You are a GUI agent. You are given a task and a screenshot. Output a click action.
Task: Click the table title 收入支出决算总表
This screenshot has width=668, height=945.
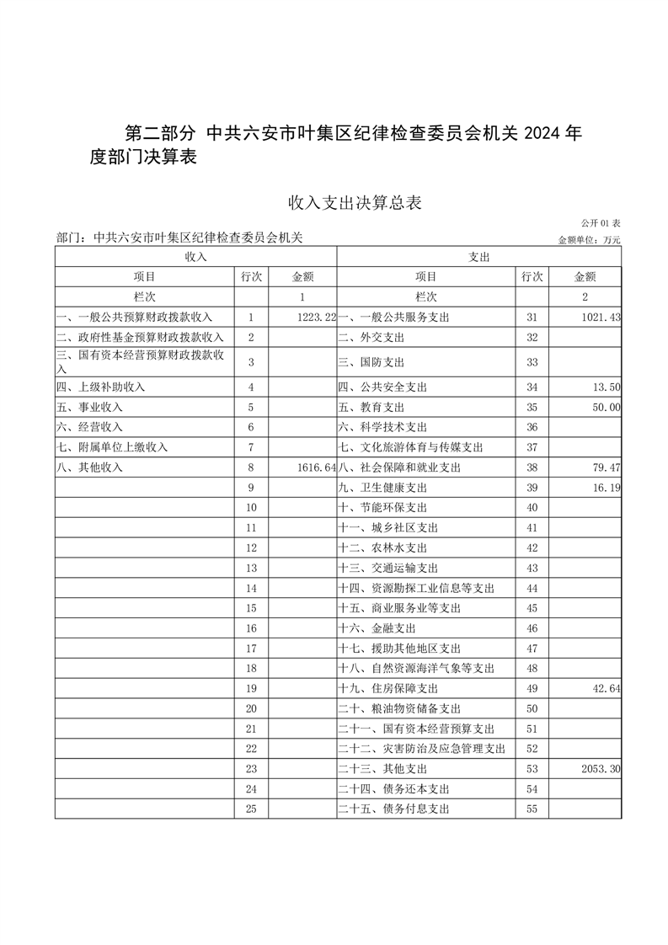pos(354,202)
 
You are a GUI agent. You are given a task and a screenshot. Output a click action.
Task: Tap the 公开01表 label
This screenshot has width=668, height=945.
pos(601,223)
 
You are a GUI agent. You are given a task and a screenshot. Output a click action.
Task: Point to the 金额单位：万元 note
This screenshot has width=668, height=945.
pos(589,240)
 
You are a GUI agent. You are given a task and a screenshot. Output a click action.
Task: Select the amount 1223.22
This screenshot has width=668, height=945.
pos(317,318)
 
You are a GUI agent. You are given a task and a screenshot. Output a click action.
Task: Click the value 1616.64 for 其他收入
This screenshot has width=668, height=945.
pos(317,467)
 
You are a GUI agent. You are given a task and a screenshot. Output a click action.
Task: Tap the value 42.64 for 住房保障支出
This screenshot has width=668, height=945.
pos(606,689)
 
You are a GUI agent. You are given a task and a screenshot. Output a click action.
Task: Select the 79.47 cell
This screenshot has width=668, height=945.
pos(606,467)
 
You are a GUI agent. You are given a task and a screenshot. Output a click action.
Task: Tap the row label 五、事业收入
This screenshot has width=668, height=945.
pos(88,407)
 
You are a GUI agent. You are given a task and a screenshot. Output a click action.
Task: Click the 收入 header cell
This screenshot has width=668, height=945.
pos(195,256)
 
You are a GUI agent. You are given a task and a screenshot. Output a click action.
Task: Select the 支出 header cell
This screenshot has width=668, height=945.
pos(478,256)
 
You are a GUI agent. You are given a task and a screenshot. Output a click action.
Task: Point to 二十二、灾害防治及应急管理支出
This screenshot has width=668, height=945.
pos(421,749)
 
